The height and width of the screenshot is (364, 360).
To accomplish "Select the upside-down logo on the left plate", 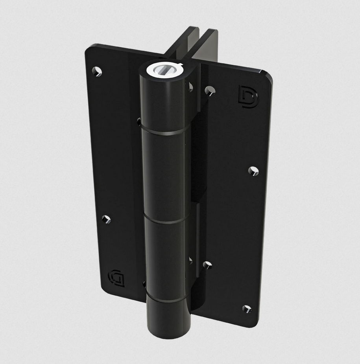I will pyautogui.click(x=116, y=277).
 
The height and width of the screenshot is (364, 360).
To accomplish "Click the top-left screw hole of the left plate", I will pyautogui.click(x=97, y=71).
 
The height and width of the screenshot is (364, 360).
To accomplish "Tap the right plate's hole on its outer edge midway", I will pyautogui.click(x=254, y=171).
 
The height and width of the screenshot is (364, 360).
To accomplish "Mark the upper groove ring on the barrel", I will pyautogui.click(x=163, y=132).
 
